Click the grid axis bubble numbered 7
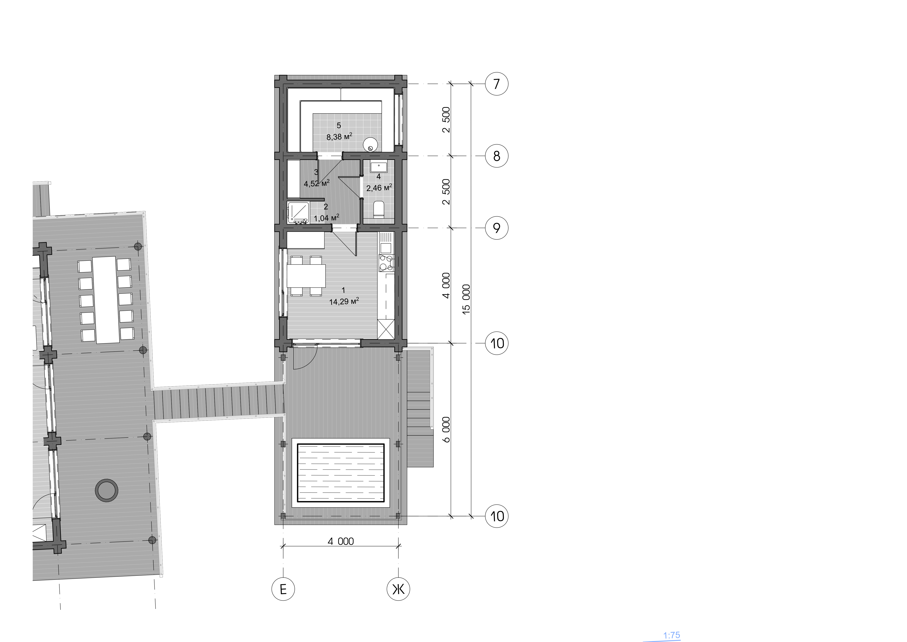click(x=497, y=84)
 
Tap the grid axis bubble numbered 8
click(x=497, y=156)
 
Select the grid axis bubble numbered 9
click(x=497, y=228)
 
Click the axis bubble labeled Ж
click(x=398, y=589)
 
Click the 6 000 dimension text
click(x=446, y=429)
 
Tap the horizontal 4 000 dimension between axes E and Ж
click(x=341, y=541)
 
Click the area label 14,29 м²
click(x=344, y=301)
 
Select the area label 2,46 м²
click(x=379, y=187)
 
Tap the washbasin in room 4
click(x=378, y=166)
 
